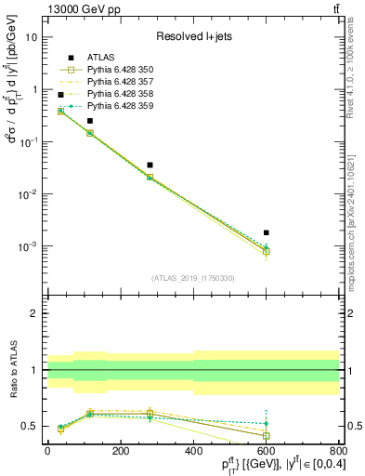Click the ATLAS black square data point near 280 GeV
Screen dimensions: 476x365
(150, 165)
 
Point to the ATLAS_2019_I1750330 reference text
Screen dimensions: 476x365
(192, 277)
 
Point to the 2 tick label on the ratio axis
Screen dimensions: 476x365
(34, 313)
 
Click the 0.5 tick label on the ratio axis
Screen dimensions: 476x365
(30, 426)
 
